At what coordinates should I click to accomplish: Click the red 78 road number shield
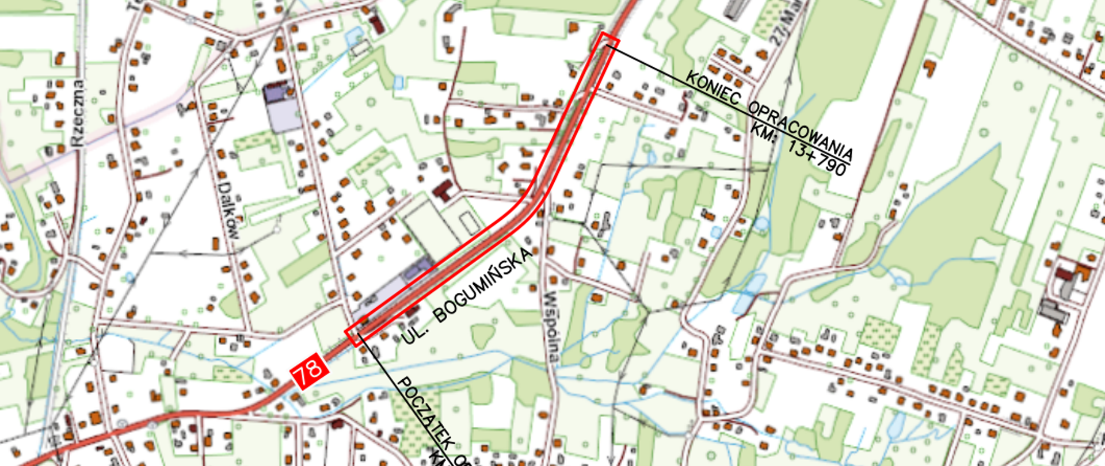(x=309, y=370)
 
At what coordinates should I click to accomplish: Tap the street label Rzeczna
(x=76, y=113)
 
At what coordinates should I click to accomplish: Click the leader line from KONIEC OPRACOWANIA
(x=650, y=66)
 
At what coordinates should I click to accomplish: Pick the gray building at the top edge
(x=736, y=9)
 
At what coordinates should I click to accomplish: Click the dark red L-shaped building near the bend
(x=444, y=190)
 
